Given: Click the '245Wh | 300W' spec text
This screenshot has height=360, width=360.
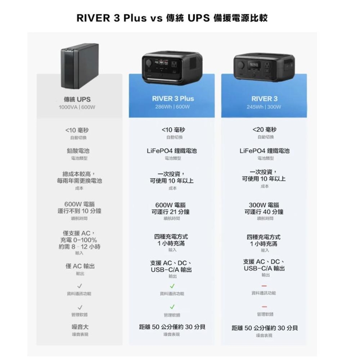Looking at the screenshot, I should tap(265, 107).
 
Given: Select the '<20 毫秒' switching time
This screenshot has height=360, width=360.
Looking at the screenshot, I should tap(265, 130).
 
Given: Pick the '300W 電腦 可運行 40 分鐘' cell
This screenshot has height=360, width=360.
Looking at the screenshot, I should tap(265, 208).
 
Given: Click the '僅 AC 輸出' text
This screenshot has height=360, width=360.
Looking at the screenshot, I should tap(80, 266).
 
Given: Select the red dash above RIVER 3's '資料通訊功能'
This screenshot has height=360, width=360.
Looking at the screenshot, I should tap(264, 286).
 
